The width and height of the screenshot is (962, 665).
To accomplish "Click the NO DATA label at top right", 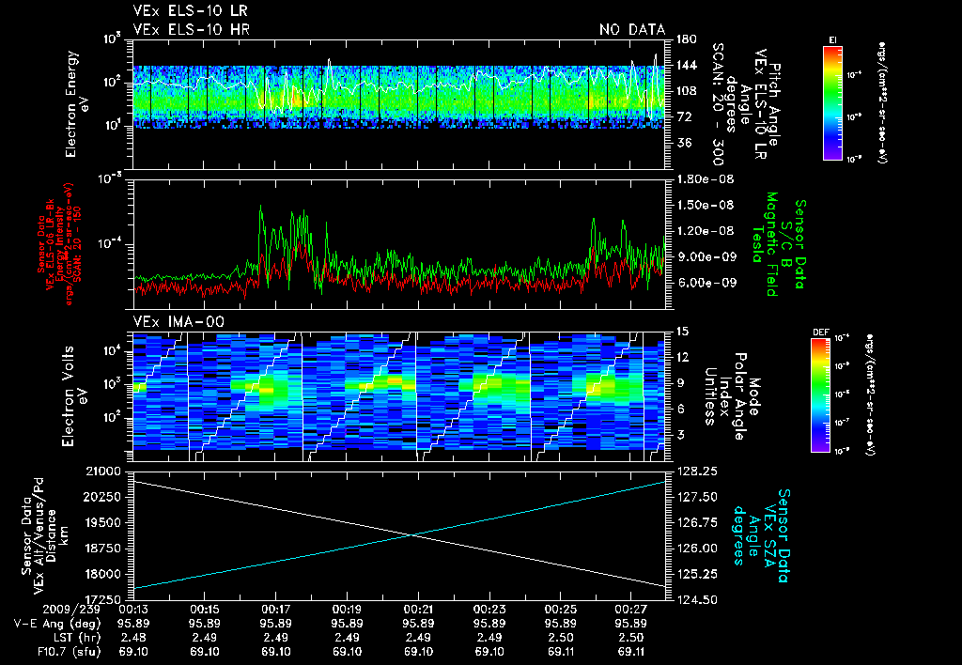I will [631, 29].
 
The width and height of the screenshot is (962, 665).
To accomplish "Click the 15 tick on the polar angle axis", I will [682, 332].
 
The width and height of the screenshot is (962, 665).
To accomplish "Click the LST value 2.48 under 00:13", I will [132, 637].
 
